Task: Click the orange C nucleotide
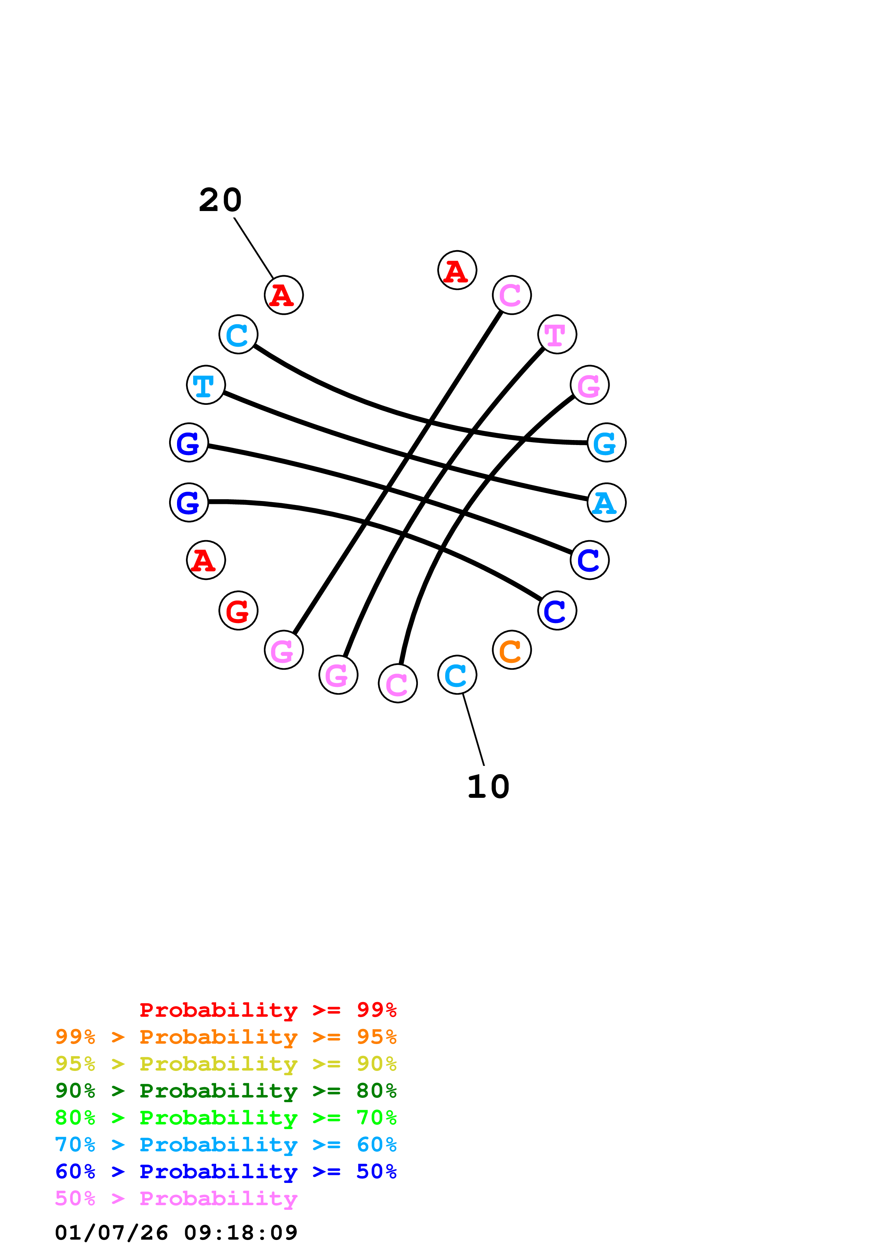(511, 650)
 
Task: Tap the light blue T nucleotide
(206, 385)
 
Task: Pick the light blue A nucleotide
(606, 502)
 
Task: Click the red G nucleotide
(238, 610)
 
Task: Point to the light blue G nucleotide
(606, 443)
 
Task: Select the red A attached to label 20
(284, 295)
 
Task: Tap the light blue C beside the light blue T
(238, 334)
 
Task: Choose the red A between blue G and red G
(206, 560)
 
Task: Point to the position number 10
(488, 787)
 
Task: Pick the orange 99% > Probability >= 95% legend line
(225, 1037)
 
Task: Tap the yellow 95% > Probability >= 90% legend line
(225, 1064)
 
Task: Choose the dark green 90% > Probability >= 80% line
(225, 1091)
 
